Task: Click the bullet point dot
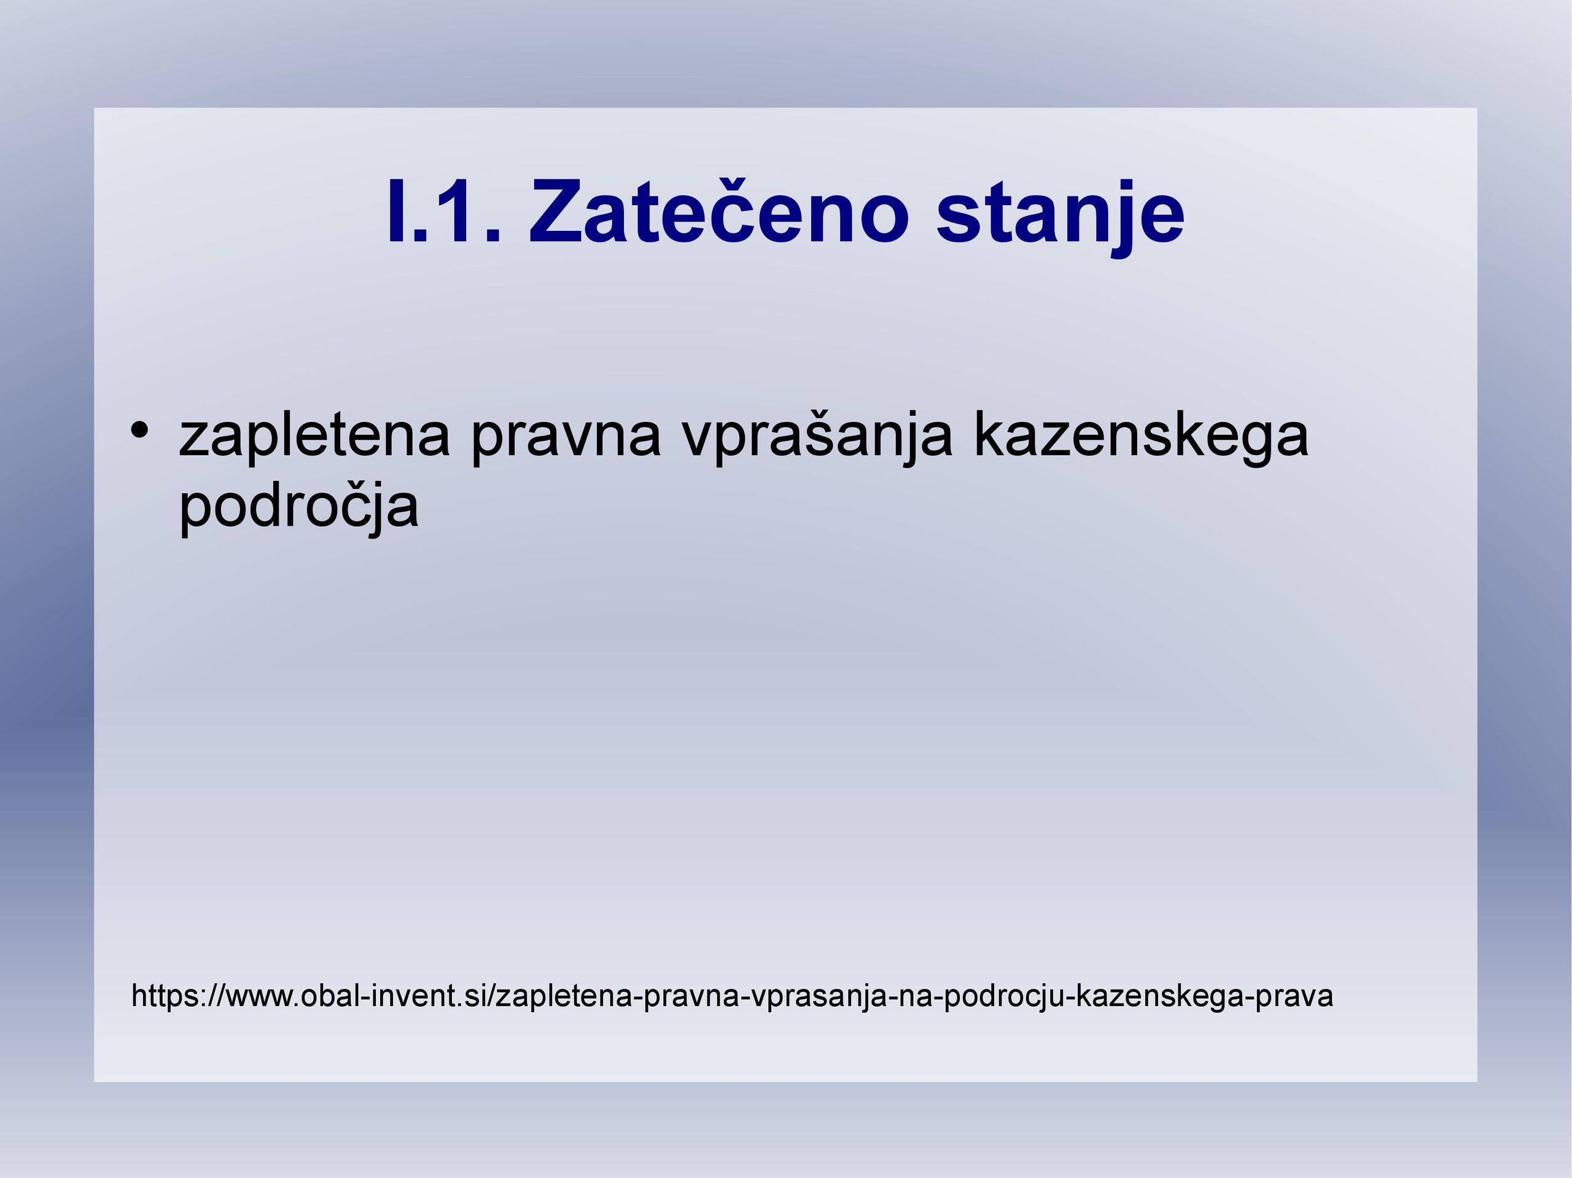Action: pos(139,430)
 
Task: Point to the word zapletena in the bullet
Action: pos(315,437)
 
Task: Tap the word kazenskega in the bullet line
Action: pos(1141,437)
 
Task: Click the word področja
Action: pos(298,507)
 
